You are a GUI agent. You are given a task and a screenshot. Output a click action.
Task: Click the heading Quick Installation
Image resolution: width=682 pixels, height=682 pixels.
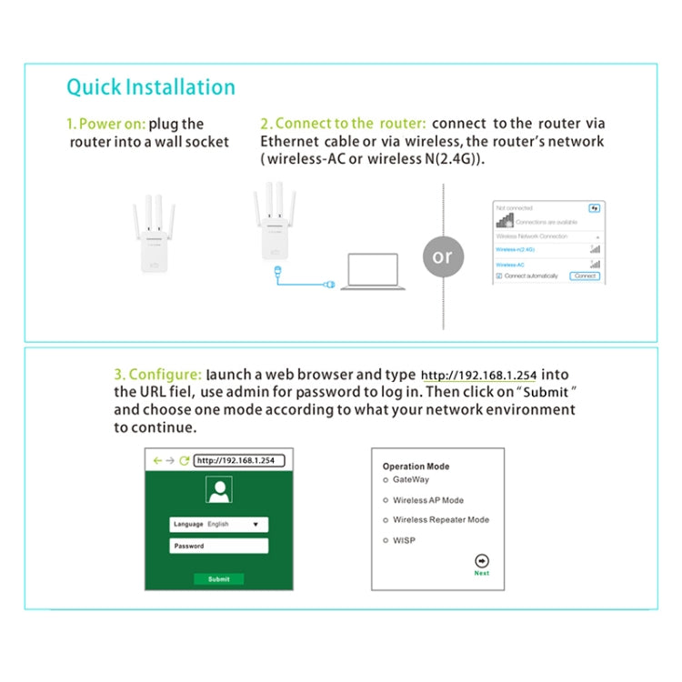click(x=151, y=87)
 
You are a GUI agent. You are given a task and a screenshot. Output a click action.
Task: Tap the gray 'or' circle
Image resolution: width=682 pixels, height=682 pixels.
click(x=443, y=256)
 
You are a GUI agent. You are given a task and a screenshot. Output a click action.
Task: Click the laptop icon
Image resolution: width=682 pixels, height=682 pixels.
click(x=368, y=273)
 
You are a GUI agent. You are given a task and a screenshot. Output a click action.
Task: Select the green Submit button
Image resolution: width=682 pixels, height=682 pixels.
click(x=219, y=579)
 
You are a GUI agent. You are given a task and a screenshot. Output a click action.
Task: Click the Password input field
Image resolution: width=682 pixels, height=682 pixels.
click(x=219, y=546)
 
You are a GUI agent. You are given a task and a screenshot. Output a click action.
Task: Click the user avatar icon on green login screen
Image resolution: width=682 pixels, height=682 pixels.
click(x=219, y=491)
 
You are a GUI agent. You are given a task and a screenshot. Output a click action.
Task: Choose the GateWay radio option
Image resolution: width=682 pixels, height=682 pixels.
click(x=386, y=479)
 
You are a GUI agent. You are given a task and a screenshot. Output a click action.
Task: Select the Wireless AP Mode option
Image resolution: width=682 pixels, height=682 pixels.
click(x=386, y=500)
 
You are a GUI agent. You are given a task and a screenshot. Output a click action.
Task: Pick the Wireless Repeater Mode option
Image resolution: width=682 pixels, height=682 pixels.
click(x=386, y=520)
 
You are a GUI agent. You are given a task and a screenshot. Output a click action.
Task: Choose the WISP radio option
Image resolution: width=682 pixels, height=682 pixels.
click(x=386, y=540)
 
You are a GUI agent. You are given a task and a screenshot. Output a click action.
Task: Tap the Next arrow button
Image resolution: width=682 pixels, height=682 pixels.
click(x=482, y=561)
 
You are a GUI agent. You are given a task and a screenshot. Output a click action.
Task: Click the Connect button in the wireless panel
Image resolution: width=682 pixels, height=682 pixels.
click(x=585, y=276)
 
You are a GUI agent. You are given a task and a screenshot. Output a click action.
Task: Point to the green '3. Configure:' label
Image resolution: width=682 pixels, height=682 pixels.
click(x=157, y=374)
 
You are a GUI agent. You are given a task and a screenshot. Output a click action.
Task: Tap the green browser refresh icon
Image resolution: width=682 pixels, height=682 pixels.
click(x=185, y=460)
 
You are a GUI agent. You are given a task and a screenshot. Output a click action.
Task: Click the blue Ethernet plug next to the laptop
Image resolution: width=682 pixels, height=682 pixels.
click(x=330, y=285)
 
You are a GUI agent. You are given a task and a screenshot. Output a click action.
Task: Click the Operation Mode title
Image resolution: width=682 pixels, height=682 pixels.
click(x=416, y=466)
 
